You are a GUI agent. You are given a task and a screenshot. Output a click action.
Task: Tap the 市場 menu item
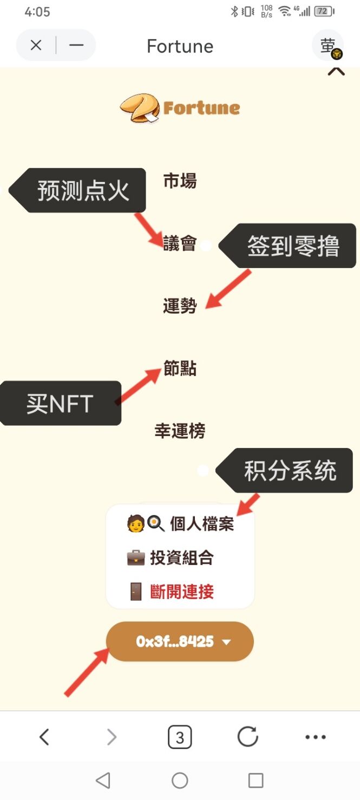click(x=180, y=181)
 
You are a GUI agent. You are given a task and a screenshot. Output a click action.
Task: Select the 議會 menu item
click(x=180, y=243)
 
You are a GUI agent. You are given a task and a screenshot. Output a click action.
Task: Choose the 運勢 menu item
click(x=180, y=305)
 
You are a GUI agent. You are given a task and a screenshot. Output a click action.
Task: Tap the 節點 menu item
click(x=180, y=368)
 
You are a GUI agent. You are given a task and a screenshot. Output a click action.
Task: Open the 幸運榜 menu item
click(x=180, y=431)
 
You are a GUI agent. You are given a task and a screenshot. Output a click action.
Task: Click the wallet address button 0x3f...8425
click(x=180, y=641)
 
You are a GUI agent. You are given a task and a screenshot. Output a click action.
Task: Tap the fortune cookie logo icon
click(x=140, y=108)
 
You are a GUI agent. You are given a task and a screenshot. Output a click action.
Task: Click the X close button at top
click(x=36, y=45)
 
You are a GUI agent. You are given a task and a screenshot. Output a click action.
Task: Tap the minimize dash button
click(x=76, y=45)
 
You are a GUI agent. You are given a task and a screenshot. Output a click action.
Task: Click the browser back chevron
click(x=44, y=737)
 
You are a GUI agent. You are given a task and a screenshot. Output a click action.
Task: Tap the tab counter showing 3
click(x=180, y=737)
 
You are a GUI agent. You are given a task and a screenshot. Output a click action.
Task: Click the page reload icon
click(x=247, y=737)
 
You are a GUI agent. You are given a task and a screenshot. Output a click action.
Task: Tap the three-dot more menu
click(x=316, y=737)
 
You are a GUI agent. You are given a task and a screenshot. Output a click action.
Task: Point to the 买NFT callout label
click(x=60, y=403)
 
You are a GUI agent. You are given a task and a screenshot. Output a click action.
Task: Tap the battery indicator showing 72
click(x=324, y=11)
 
